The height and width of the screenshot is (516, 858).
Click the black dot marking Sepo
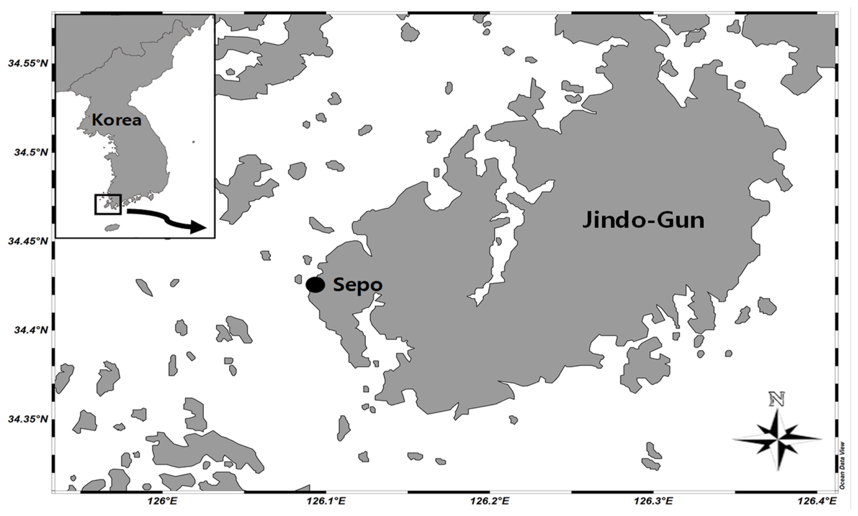coord(315,285)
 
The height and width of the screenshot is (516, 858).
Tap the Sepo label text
coord(358,285)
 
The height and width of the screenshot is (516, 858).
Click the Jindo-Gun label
coord(643,221)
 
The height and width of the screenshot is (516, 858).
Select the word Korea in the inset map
coord(116,120)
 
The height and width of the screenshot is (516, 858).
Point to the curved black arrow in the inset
coord(167,219)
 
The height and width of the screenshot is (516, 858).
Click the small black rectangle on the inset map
coord(108,204)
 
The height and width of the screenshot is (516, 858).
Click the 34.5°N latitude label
coord(31,153)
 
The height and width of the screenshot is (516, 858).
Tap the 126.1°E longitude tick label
coord(326,501)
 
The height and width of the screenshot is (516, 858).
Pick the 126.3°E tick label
coord(653,501)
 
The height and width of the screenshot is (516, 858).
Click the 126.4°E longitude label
coord(817,501)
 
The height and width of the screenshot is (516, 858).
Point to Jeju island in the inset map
coord(112,227)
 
